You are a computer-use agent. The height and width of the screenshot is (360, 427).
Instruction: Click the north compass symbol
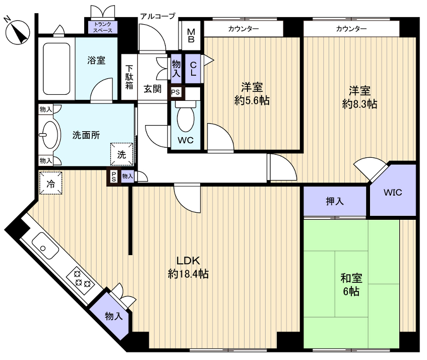18,32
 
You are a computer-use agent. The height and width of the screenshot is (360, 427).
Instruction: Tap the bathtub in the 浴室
56,69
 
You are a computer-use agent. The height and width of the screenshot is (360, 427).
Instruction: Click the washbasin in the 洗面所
49,135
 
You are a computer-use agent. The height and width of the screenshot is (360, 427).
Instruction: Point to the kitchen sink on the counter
45,246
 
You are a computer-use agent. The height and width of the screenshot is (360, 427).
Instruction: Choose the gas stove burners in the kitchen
81,280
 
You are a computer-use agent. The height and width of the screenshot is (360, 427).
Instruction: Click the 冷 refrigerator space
50,183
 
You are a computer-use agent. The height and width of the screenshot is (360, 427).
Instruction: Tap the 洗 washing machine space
121,154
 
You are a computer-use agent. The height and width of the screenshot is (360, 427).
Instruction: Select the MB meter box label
191,36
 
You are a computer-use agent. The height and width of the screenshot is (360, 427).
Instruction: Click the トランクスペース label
103,27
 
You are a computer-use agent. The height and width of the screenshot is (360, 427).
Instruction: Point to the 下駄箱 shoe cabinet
130,77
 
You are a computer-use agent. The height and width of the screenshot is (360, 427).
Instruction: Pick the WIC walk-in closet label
393,193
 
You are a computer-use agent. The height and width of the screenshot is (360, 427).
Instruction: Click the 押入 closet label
335,201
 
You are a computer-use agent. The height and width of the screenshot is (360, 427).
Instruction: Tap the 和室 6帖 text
351,285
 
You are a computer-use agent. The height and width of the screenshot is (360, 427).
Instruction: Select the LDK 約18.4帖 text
188,267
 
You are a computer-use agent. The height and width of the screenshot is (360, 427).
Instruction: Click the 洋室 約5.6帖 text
252,94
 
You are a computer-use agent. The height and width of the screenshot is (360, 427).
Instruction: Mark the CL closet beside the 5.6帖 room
193,69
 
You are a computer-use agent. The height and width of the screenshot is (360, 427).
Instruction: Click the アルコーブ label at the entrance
158,16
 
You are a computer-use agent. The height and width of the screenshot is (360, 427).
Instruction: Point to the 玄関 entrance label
152,89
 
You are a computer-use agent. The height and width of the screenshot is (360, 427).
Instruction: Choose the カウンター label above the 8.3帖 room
351,29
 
